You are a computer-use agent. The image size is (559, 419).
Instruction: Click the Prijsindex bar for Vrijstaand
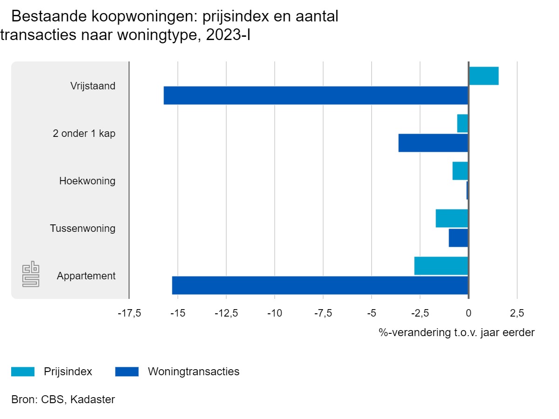pos(484,76)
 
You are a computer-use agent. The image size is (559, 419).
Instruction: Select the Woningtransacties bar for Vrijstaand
pos(316,95)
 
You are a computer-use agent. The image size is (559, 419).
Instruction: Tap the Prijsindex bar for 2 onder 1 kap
pos(463,123)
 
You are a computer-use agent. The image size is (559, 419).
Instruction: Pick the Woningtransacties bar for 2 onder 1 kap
pos(433,143)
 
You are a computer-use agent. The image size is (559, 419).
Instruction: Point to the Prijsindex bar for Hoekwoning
pos(460,171)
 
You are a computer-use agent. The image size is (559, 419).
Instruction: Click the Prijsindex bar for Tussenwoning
pos(452,218)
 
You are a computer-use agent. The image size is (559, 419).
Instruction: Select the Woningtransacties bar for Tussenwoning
pos(458,238)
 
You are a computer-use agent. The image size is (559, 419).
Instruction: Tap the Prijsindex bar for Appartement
pos(441,266)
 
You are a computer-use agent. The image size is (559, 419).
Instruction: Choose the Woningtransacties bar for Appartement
pos(320,285)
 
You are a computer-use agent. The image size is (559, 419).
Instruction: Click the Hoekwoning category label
pos(87,181)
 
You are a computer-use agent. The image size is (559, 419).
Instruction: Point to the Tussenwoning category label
pos(82,229)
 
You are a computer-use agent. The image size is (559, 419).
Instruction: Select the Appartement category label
pos(86,276)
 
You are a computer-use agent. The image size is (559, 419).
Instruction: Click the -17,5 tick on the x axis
pos(129,312)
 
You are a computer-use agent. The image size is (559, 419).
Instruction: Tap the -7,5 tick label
pos(323,312)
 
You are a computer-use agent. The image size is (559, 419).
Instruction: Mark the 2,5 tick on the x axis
pos(517,312)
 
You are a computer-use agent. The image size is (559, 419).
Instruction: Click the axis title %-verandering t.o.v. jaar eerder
pos(457,333)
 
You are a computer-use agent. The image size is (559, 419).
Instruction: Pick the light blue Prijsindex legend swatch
pos(23,372)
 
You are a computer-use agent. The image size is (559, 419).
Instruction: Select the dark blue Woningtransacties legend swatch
pos(127,372)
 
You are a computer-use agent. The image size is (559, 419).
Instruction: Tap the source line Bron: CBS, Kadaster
pos(63,399)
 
